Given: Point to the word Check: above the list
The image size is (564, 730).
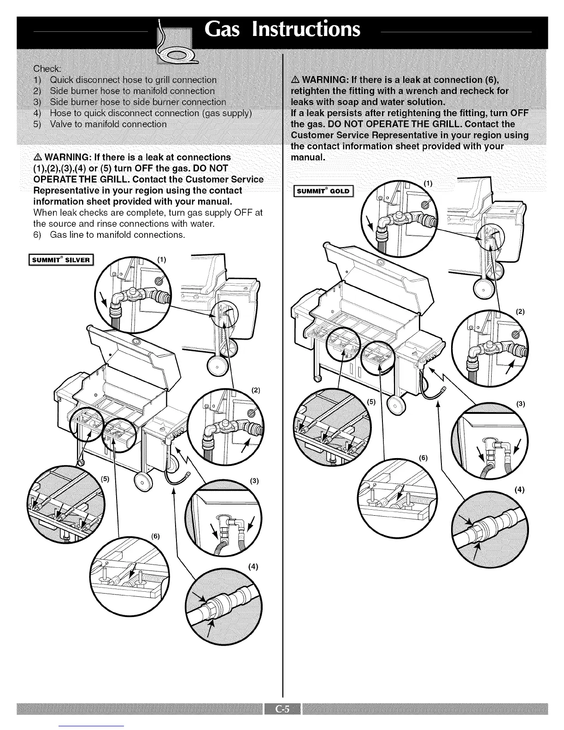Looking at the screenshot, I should click(47, 69).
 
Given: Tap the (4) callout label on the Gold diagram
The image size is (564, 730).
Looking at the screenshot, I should click(520, 490).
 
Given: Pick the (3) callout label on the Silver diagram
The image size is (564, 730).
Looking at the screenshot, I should click(253, 482).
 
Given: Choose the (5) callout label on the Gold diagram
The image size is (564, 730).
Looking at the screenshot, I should click(371, 401).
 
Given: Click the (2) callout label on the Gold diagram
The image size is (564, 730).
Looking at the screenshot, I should click(521, 312).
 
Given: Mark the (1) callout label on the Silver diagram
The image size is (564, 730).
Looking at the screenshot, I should click(162, 260).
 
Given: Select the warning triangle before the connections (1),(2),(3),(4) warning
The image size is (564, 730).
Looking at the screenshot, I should click(38, 157).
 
